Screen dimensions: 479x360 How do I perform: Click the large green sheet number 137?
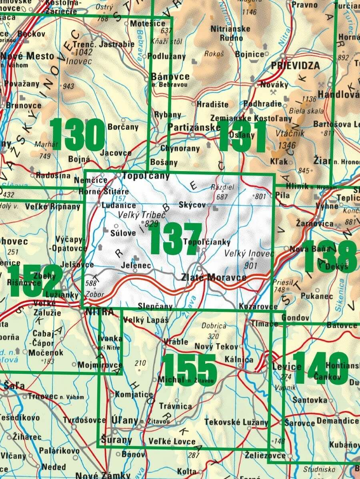(x=176, y=239)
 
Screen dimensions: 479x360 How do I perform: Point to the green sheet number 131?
(x=242, y=136)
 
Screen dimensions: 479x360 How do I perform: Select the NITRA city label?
(x=97, y=311)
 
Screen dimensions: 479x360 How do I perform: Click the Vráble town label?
(x=176, y=341)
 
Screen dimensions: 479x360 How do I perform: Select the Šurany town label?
(x=116, y=440)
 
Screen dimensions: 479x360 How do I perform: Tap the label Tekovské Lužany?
(x=236, y=422)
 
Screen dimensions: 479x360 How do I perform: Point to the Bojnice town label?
(x=250, y=54)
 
